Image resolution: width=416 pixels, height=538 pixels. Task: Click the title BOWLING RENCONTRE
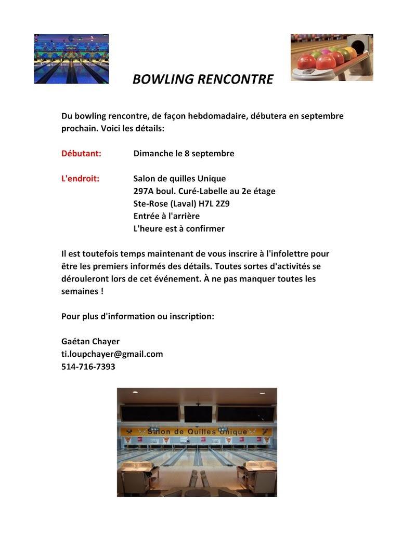click(x=203, y=79)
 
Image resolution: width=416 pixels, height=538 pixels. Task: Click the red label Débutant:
click(x=81, y=153)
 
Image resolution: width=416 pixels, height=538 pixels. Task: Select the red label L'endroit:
click(x=80, y=179)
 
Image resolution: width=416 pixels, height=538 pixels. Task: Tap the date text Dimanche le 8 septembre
click(x=184, y=153)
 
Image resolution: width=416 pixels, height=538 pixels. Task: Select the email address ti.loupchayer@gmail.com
click(x=112, y=354)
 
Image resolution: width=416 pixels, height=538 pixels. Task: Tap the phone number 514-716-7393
click(x=88, y=367)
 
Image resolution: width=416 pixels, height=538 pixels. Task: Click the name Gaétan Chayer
click(x=90, y=342)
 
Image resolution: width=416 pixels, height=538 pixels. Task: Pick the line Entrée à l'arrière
click(x=166, y=216)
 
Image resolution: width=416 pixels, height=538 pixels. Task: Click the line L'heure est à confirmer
click(x=179, y=228)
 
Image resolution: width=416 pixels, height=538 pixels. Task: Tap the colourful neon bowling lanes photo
click(x=71, y=59)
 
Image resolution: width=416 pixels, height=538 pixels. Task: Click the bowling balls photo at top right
click(x=332, y=57)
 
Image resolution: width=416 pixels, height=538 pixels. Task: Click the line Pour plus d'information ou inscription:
click(x=137, y=316)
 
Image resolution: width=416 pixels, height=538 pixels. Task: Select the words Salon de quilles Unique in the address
click(x=179, y=179)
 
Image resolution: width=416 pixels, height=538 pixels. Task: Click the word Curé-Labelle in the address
click(x=203, y=191)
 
